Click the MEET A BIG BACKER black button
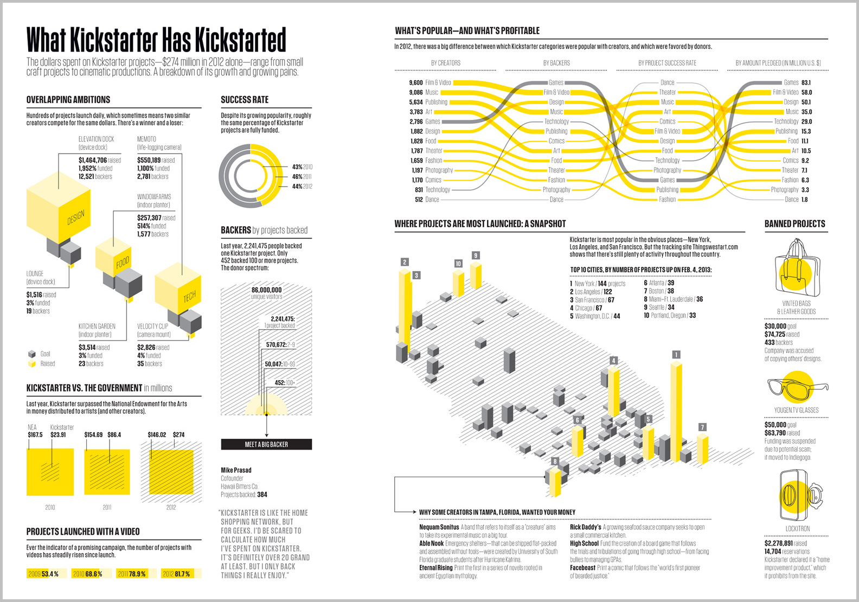(266, 444)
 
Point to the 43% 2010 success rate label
(302, 167)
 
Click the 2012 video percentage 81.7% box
(181, 573)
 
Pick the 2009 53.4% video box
(47, 573)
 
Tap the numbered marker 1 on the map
(676, 355)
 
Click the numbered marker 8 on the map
(555, 462)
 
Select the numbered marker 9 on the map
(476, 255)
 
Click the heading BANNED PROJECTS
(794, 224)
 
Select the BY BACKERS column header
(556, 63)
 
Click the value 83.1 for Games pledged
(806, 82)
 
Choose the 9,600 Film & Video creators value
(416, 82)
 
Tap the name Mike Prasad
(236, 470)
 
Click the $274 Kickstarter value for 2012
(178, 434)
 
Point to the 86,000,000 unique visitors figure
(266, 290)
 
